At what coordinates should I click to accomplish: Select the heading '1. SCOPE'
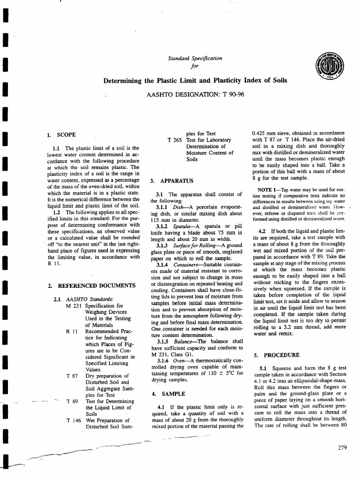click(x=61, y=135)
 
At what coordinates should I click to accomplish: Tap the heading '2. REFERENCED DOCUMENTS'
click(x=91, y=285)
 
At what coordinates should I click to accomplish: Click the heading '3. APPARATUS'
click(x=171, y=180)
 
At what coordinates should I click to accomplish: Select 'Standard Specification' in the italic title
click(x=195, y=59)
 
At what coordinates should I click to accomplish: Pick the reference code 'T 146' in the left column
click(x=75, y=420)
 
